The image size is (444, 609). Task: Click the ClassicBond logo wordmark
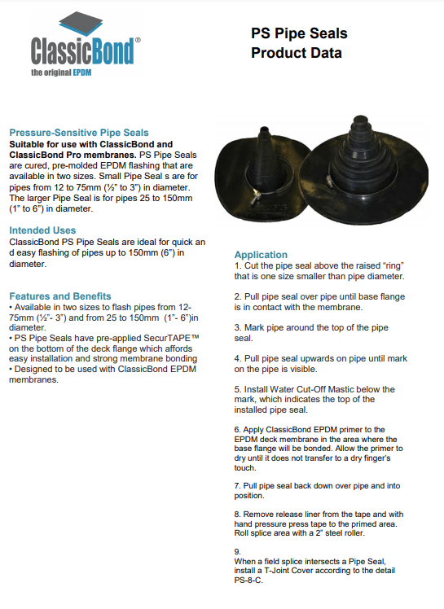[83, 51]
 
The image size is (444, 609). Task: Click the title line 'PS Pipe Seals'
[299, 34]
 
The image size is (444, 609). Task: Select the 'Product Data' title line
[297, 53]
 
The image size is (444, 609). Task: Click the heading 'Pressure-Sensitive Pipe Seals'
[79, 133]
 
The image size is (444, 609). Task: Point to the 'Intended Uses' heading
[42, 230]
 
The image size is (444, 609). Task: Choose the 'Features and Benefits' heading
[60, 296]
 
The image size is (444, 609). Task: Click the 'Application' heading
[261, 255]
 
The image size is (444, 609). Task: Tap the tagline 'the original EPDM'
[61, 72]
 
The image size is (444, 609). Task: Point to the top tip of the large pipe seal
[359, 116]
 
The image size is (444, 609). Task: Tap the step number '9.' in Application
[238, 551]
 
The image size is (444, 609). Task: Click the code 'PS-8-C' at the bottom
[248, 581]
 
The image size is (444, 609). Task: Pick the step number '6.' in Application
[238, 430]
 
